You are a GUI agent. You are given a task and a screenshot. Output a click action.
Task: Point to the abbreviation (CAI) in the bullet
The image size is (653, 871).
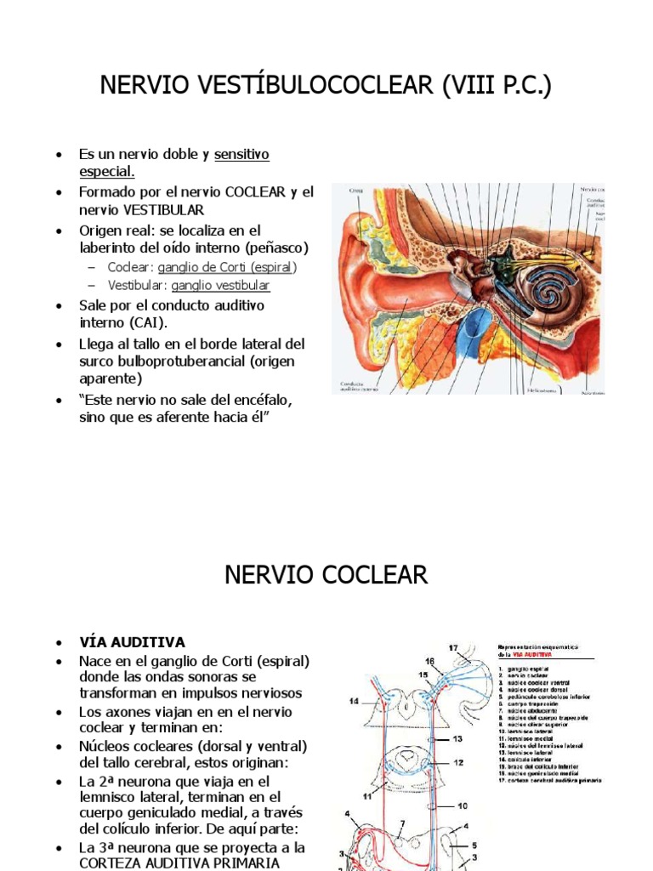[150, 322]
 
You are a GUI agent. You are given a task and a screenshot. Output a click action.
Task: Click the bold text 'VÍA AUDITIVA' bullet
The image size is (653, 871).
[132, 641]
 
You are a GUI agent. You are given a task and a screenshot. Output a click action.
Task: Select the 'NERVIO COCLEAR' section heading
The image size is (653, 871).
[326, 575]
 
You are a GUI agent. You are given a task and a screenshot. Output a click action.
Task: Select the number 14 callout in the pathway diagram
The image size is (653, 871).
[354, 701]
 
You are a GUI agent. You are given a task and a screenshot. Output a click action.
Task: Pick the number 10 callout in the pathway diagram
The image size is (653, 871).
[463, 805]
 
